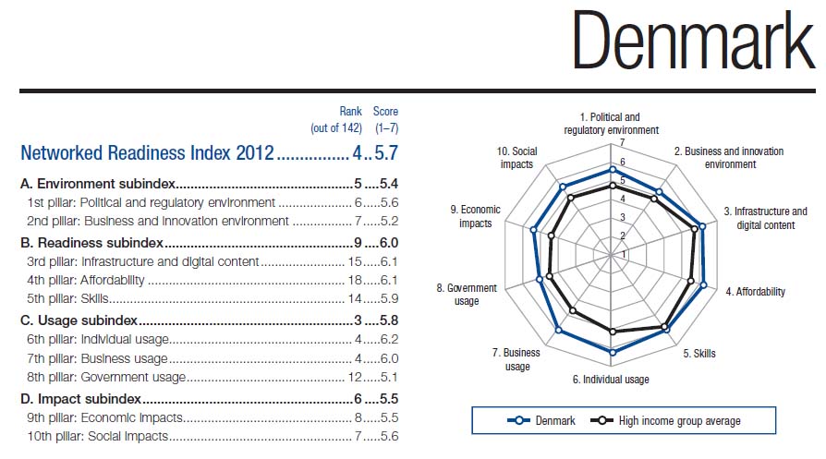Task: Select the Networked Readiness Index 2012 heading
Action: (x=147, y=152)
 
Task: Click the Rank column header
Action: (x=350, y=112)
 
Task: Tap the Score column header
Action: (x=385, y=112)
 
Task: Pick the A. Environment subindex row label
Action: (x=98, y=184)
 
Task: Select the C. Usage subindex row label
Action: (x=79, y=320)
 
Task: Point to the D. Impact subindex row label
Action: (x=81, y=398)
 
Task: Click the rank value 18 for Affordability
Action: (x=355, y=280)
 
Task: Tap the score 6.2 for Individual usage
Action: (x=388, y=339)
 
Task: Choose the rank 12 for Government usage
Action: (x=355, y=377)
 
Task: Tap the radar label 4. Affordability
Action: (x=755, y=292)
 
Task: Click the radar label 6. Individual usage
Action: (x=611, y=380)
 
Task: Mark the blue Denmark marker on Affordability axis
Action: (x=704, y=284)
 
